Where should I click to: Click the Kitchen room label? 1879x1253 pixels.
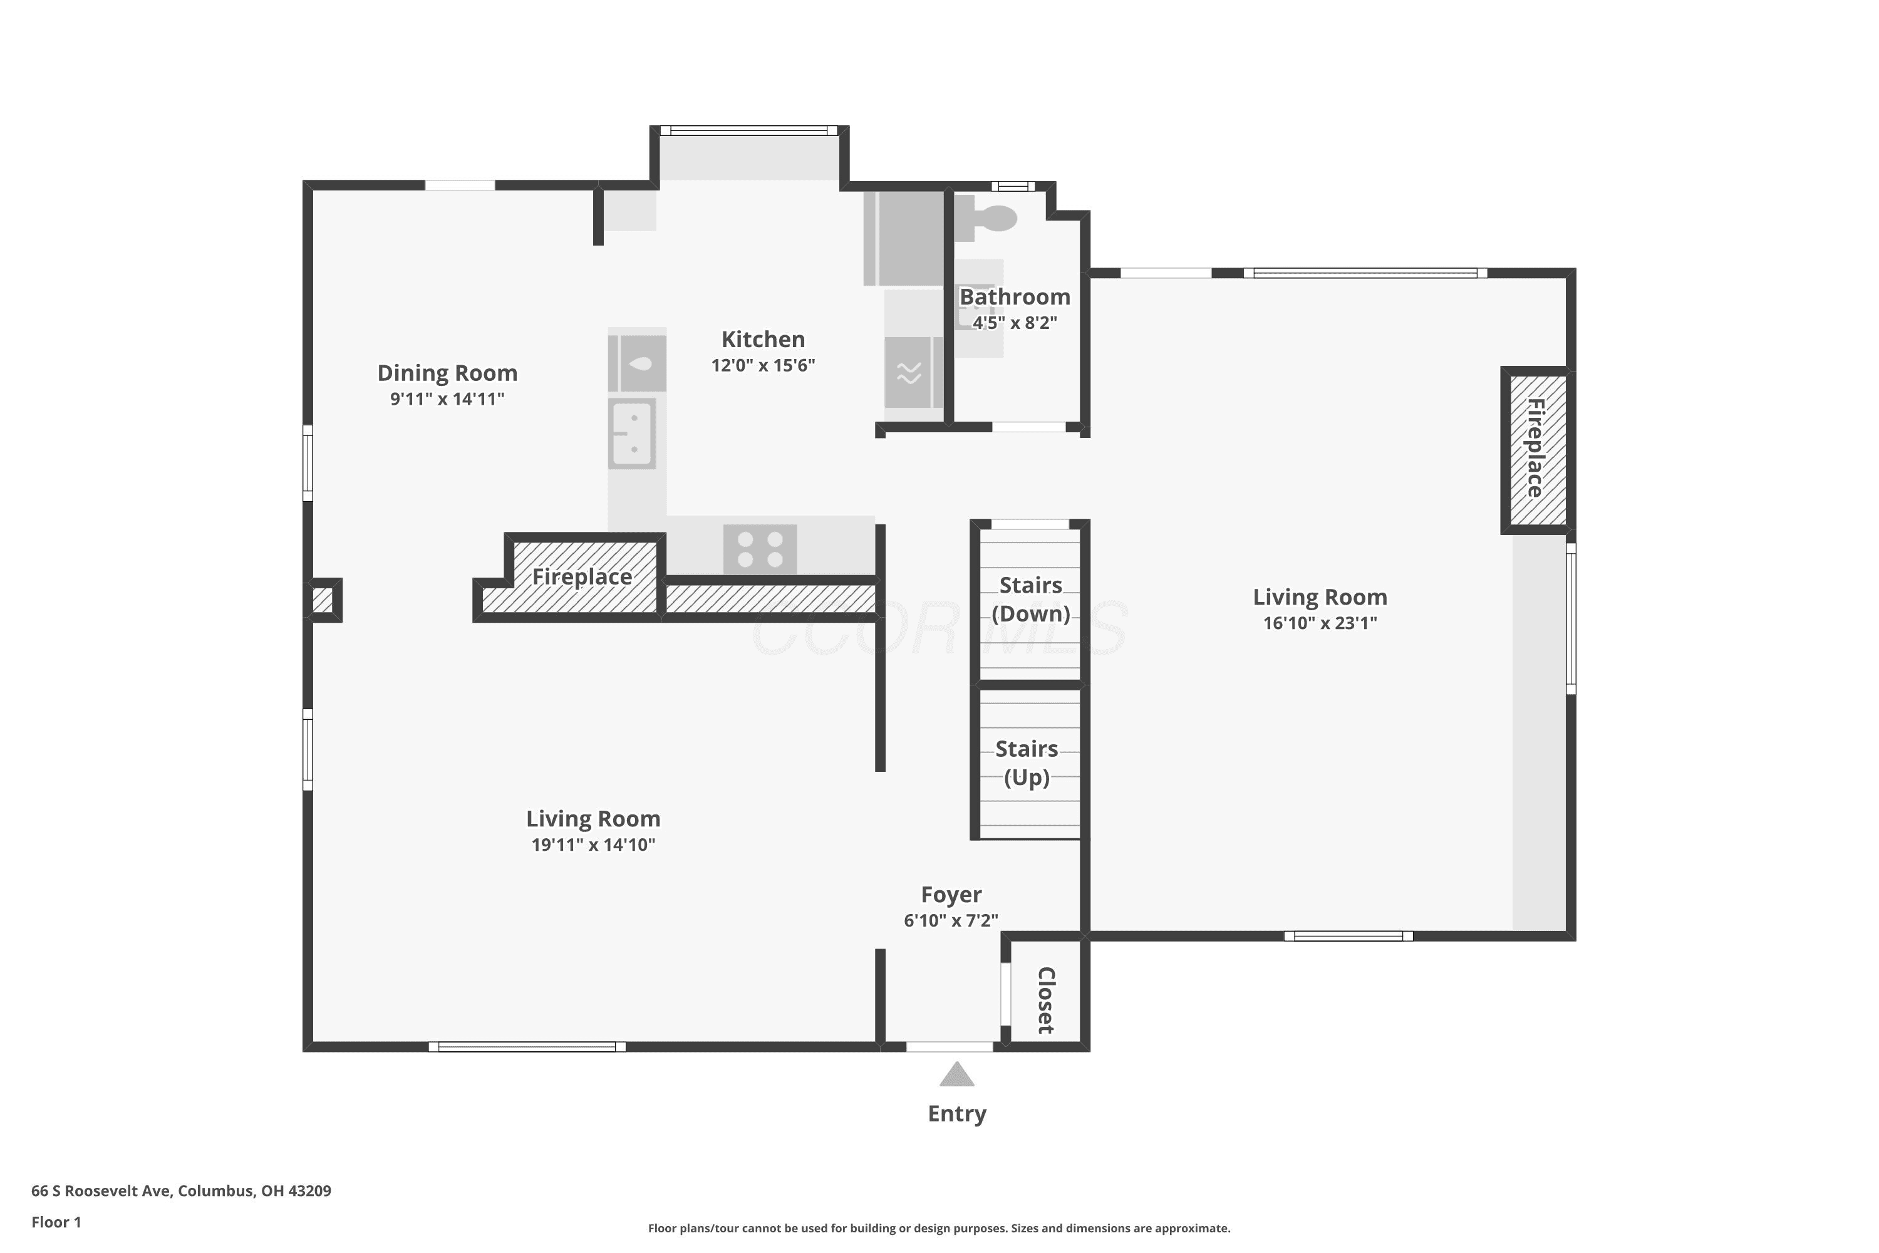click(763, 340)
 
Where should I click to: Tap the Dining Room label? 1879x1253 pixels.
click(447, 373)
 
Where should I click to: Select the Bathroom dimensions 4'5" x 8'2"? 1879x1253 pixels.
click(1015, 323)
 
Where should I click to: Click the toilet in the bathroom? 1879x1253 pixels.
click(986, 217)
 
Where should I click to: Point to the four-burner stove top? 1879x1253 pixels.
click(760, 549)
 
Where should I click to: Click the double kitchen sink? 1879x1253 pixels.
click(632, 434)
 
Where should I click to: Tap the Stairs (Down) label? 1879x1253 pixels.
click(1030, 600)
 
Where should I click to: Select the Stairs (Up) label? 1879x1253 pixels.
click(1027, 763)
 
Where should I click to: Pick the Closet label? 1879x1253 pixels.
click(1047, 1000)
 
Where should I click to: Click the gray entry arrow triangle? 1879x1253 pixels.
click(957, 1075)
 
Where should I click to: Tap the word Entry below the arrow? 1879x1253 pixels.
click(957, 1114)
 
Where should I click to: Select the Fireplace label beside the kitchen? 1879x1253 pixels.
click(582, 577)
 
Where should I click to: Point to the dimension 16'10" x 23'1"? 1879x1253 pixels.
click(1320, 623)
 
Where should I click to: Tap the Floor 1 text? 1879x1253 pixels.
click(56, 1222)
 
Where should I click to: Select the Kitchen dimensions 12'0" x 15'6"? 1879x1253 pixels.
click(763, 365)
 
